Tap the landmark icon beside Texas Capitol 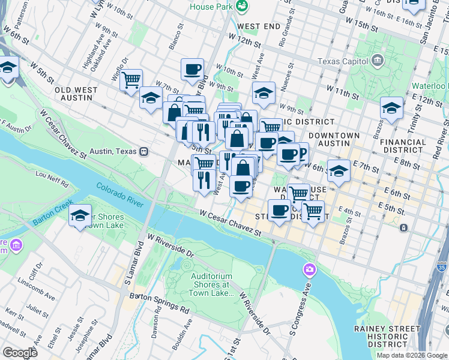pos(378,60)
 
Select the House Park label pos(211,7)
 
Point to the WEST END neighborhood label pos(258,26)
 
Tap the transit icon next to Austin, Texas pos(143,151)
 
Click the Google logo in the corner pos(20,353)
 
